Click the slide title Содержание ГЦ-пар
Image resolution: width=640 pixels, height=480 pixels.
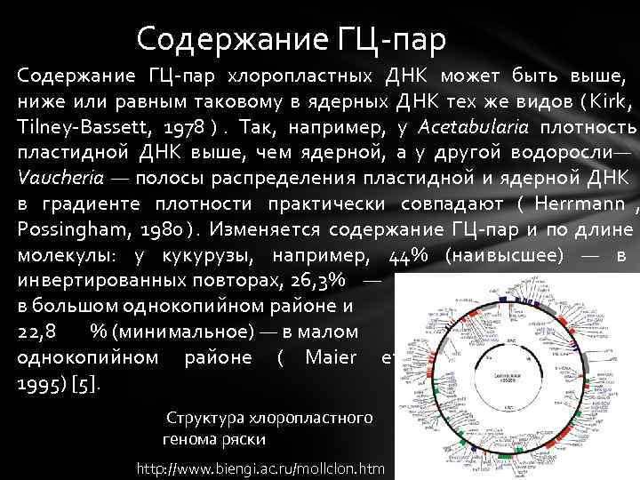click(x=292, y=39)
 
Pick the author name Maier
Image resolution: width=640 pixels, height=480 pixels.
click(x=331, y=357)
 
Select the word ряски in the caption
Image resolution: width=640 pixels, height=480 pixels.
click(x=245, y=439)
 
